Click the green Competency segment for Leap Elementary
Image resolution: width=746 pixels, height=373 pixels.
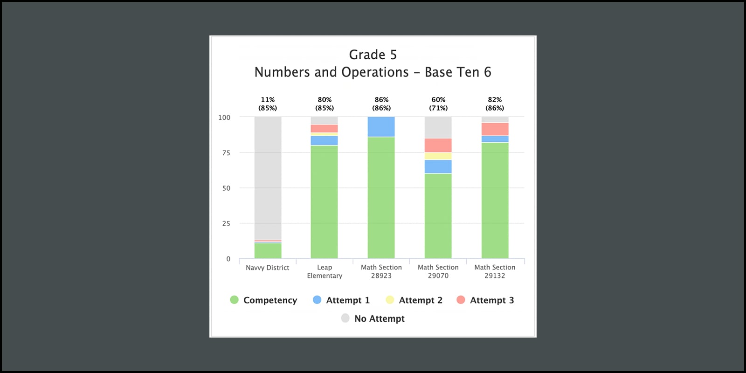pyautogui.click(x=325, y=202)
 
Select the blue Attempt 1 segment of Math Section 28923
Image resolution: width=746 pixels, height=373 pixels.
pyautogui.click(x=381, y=127)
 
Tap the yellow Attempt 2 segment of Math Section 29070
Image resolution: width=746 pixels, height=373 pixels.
pyautogui.click(x=438, y=156)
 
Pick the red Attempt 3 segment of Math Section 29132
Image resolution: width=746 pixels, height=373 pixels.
pyautogui.click(x=495, y=129)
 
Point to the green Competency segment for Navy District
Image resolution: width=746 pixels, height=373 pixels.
pyautogui.click(x=268, y=251)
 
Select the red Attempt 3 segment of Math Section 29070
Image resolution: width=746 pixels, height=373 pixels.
pyautogui.click(x=438, y=145)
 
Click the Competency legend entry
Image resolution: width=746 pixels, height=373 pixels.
pyautogui.click(x=264, y=300)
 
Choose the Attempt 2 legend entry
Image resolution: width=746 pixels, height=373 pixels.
pyautogui.click(x=414, y=300)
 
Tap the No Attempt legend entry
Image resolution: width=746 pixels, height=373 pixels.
pyautogui.click(x=373, y=318)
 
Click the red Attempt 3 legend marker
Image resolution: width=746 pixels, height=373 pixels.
pyautogui.click(x=461, y=300)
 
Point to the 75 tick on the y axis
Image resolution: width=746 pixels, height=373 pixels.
pyautogui.click(x=226, y=153)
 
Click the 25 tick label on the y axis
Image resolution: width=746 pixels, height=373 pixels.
pyautogui.click(x=226, y=224)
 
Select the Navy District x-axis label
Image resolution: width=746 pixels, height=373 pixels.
pyautogui.click(x=268, y=268)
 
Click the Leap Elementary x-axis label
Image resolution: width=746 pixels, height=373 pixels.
pyautogui.click(x=325, y=271)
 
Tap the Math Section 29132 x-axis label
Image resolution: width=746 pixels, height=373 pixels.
pyautogui.click(x=495, y=271)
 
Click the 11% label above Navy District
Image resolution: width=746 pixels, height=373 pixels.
pyautogui.click(x=268, y=100)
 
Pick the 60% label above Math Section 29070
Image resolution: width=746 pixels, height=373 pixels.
pyautogui.click(x=438, y=100)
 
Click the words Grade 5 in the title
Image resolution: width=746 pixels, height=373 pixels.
pyautogui.click(x=373, y=55)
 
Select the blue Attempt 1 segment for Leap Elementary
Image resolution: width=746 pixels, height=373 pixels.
pyautogui.click(x=325, y=140)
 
